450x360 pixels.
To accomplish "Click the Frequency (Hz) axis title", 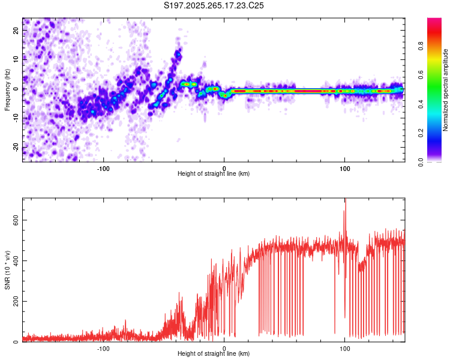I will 7,90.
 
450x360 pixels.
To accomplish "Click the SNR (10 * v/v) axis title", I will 7,270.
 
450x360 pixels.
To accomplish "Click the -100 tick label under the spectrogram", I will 103,169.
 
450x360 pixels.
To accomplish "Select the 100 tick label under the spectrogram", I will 345,169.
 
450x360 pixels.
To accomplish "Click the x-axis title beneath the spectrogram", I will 214,174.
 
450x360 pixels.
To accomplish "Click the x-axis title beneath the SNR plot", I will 214,354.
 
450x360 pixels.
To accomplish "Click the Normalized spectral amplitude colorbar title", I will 446,90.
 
